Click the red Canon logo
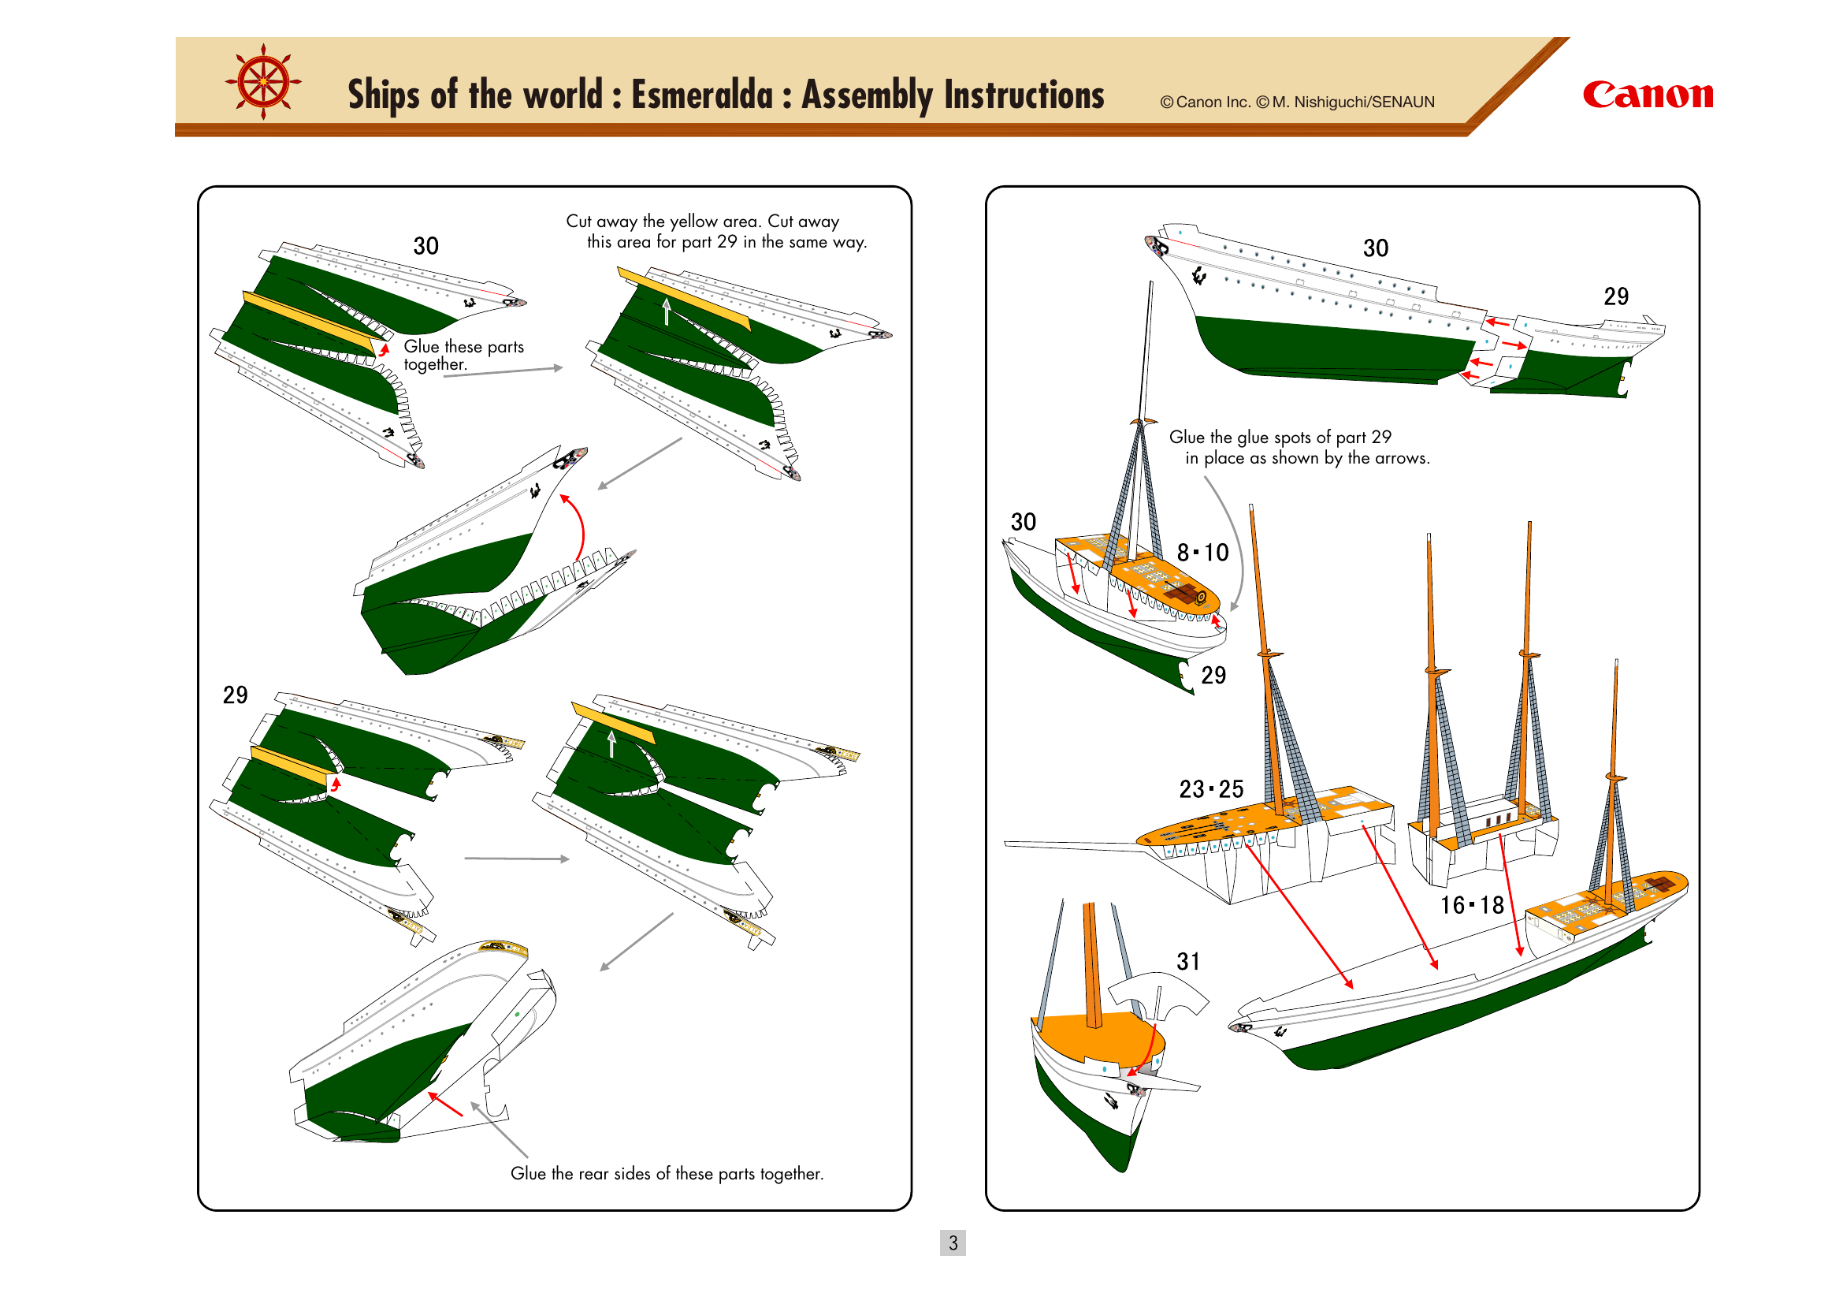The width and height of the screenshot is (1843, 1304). (1647, 95)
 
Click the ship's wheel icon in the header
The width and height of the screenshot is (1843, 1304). (263, 82)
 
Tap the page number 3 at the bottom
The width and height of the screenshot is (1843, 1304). (953, 1243)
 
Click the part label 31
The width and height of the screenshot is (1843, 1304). (1188, 961)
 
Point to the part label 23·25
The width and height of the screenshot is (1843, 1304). (1210, 789)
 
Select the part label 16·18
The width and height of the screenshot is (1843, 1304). (1471, 905)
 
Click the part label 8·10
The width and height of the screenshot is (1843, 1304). (1202, 553)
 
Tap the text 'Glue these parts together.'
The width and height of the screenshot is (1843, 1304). (463, 355)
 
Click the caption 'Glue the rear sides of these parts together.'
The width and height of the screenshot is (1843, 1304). (667, 1173)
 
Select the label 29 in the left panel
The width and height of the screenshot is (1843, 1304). (235, 695)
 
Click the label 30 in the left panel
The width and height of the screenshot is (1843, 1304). (425, 246)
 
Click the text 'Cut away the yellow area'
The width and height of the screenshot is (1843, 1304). (663, 221)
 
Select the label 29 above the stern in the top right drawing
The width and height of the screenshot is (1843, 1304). (1616, 296)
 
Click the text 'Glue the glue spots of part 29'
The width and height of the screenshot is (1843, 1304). (1280, 437)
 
